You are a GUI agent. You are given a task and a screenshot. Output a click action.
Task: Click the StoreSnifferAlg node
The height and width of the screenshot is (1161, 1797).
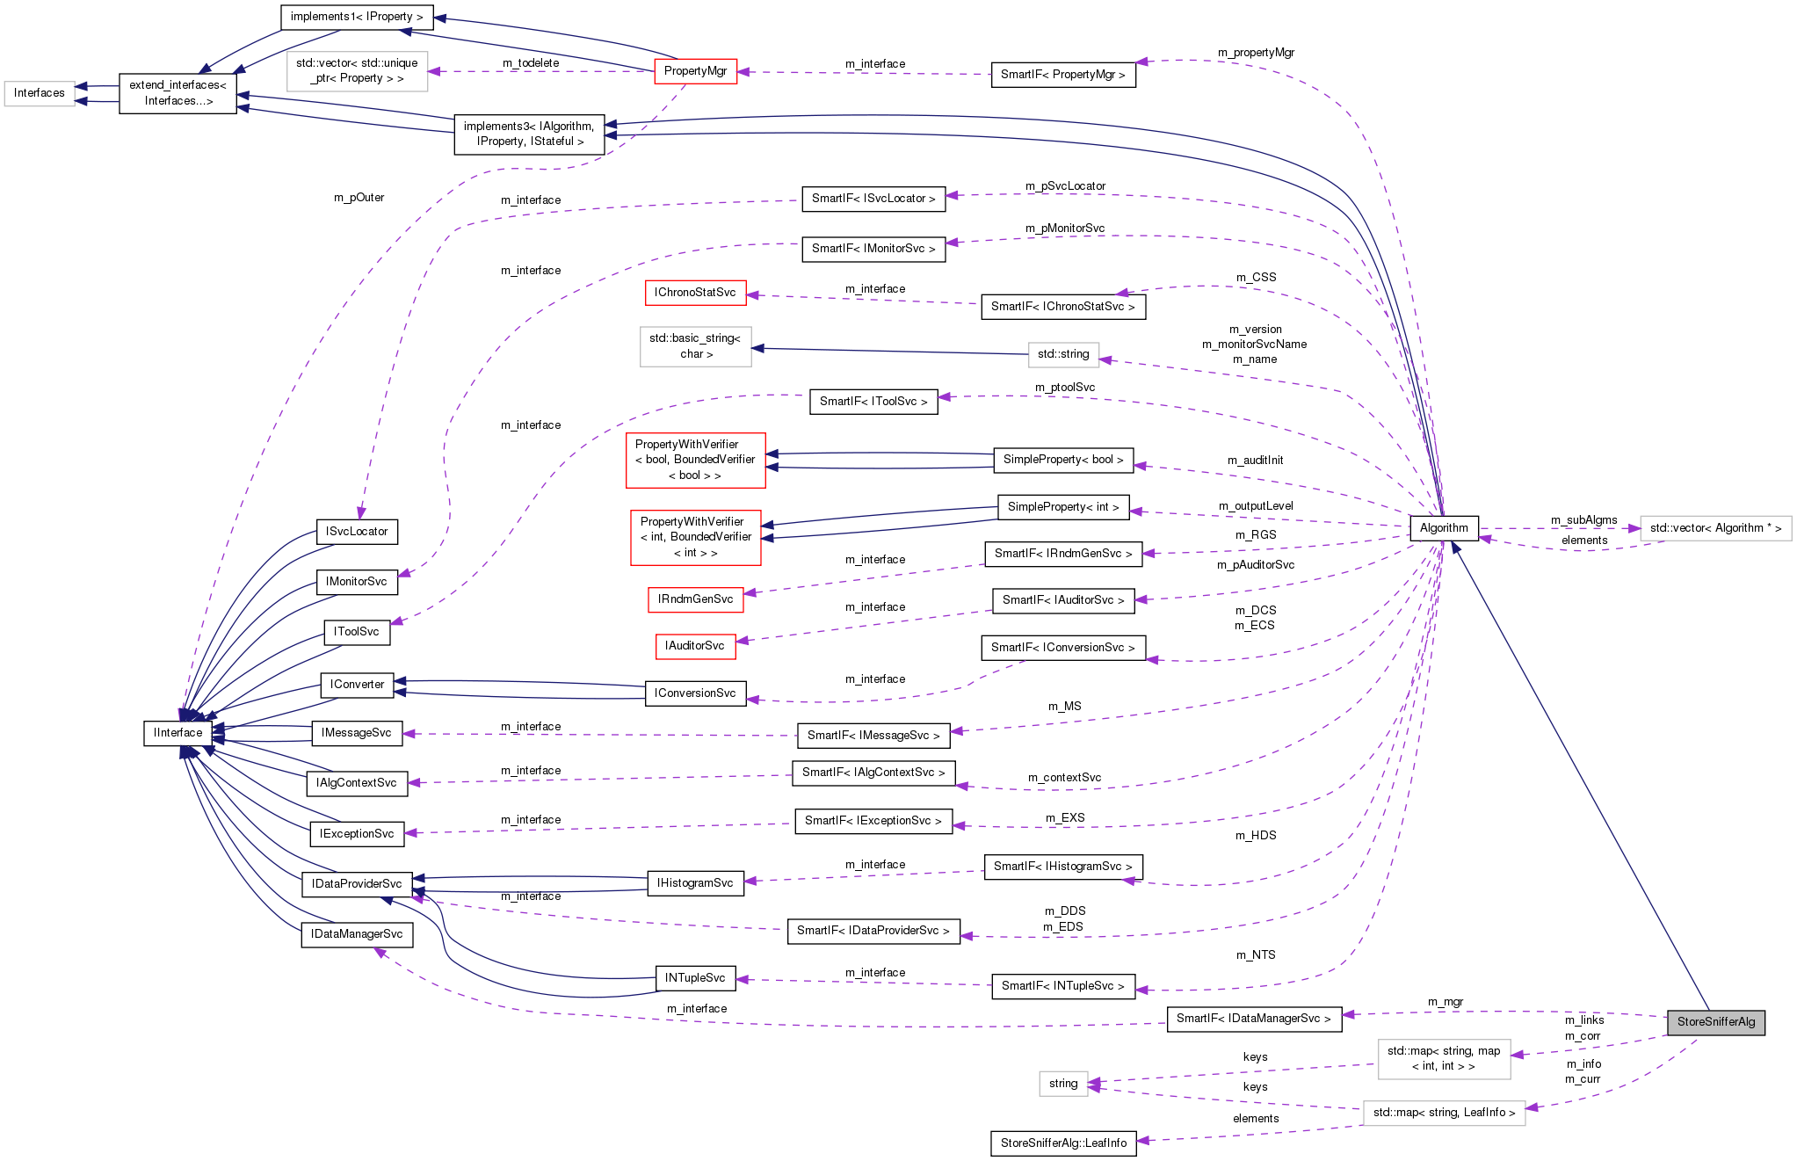pyautogui.click(x=1715, y=1021)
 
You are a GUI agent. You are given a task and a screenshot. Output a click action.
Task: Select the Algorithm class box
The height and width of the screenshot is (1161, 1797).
pyautogui.click(x=1444, y=527)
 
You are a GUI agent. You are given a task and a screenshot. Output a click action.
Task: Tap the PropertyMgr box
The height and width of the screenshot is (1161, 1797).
pyautogui.click(x=695, y=71)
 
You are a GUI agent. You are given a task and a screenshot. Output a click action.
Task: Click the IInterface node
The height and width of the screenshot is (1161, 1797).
pyautogui.click(x=178, y=732)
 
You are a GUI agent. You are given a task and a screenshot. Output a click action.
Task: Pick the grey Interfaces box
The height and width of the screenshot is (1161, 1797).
pyautogui.click(x=40, y=93)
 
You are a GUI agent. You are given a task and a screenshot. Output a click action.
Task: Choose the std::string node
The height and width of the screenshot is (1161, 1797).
pyautogui.click(x=1063, y=354)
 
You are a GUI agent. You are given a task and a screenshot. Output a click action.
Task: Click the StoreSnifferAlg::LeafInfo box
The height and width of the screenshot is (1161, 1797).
pyautogui.click(x=1063, y=1143)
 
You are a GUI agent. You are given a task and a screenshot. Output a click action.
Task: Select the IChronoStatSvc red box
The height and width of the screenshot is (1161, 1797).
pyautogui.click(x=694, y=293)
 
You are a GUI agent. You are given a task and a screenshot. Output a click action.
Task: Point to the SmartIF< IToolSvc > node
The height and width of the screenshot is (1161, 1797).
pyautogui.click(x=873, y=402)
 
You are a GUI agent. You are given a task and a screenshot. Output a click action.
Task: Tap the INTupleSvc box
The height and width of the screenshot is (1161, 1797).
pyautogui.click(x=695, y=977)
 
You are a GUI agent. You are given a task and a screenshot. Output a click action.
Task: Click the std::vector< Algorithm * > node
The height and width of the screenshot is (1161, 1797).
pyautogui.click(x=1715, y=528)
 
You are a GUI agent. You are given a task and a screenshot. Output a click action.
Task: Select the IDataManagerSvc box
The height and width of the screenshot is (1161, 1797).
pyautogui.click(x=357, y=934)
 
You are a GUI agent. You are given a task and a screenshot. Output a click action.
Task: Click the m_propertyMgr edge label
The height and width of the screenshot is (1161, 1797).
pyautogui.click(x=1256, y=53)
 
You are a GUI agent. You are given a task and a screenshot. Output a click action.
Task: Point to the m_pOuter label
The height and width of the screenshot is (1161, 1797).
pyautogui.click(x=359, y=198)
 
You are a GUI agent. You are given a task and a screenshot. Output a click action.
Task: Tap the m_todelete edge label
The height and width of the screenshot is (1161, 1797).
pyautogui.click(x=531, y=63)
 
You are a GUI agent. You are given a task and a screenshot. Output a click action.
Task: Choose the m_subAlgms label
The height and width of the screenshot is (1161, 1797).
pyautogui.click(x=1583, y=520)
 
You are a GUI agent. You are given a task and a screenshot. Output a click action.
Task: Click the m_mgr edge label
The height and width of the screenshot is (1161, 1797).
pyautogui.click(x=1446, y=1002)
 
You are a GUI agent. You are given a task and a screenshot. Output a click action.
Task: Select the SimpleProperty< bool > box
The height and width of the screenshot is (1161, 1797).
pyautogui.click(x=1063, y=460)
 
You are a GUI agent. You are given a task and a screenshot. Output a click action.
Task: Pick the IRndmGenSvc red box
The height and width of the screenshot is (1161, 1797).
pyautogui.click(x=695, y=599)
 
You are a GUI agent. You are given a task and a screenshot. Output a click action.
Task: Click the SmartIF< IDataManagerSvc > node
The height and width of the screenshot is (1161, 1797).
pyautogui.click(x=1254, y=1019)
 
